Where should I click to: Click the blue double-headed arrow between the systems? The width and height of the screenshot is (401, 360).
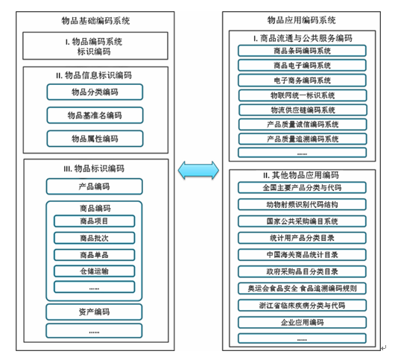tap(198, 170)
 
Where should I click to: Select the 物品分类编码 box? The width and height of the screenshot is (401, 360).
tap(95, 92)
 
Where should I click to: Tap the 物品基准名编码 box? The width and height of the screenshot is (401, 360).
tap(95, 116)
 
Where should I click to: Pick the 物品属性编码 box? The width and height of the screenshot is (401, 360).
tap(95, 139)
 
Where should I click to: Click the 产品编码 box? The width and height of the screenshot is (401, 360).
tap(95, 186)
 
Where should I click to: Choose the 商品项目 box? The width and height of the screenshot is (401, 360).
tap(95, 221)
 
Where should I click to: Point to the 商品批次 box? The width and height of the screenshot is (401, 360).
tap(95, 238)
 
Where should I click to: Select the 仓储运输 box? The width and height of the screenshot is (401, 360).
tap(95, 271)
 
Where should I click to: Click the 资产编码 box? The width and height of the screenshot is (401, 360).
tap(94, 312)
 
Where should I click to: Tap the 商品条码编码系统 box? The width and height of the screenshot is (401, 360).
tap(302, 51)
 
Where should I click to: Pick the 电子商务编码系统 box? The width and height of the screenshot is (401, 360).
tap(302, 80)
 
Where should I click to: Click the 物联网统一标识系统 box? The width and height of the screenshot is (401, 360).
tap(303, 95)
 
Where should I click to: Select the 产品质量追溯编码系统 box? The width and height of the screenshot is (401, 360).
tap(303, 139)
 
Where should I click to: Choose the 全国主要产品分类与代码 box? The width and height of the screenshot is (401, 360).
tap(302, 188)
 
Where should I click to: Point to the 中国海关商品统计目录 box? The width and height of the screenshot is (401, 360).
tap(302, 255)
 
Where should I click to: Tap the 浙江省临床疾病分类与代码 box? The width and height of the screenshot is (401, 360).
tap(302, 306)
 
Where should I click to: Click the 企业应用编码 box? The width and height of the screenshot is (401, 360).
tap(302, 322)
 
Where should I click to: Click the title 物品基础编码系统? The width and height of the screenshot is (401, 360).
tap(95, 20)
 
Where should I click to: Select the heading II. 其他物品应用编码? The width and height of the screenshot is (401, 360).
tap(301, 175)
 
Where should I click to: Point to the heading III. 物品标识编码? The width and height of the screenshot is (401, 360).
tap(94, 168)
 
